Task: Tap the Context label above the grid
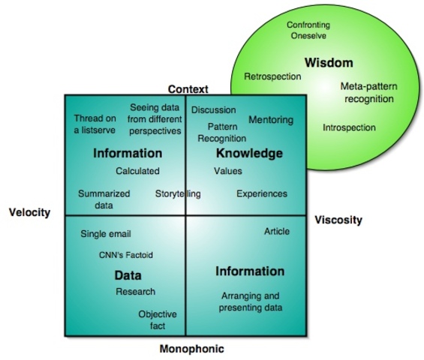pos(188,89)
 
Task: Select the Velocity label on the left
pos(29,212)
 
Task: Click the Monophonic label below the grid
pos(191,349)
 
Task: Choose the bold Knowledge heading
pos(249,153)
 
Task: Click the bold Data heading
pos(128,275)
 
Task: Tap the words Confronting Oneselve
pos(308,31)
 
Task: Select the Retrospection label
pos(272,76)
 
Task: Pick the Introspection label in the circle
pos(349,127)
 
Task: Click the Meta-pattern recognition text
pos(368,93)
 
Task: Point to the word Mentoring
pos(271,120)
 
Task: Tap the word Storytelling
pos(178,194)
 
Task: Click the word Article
pos(277,231)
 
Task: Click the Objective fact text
pos(157,320)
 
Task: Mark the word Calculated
pos(137,171)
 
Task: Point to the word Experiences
pos(262,193)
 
